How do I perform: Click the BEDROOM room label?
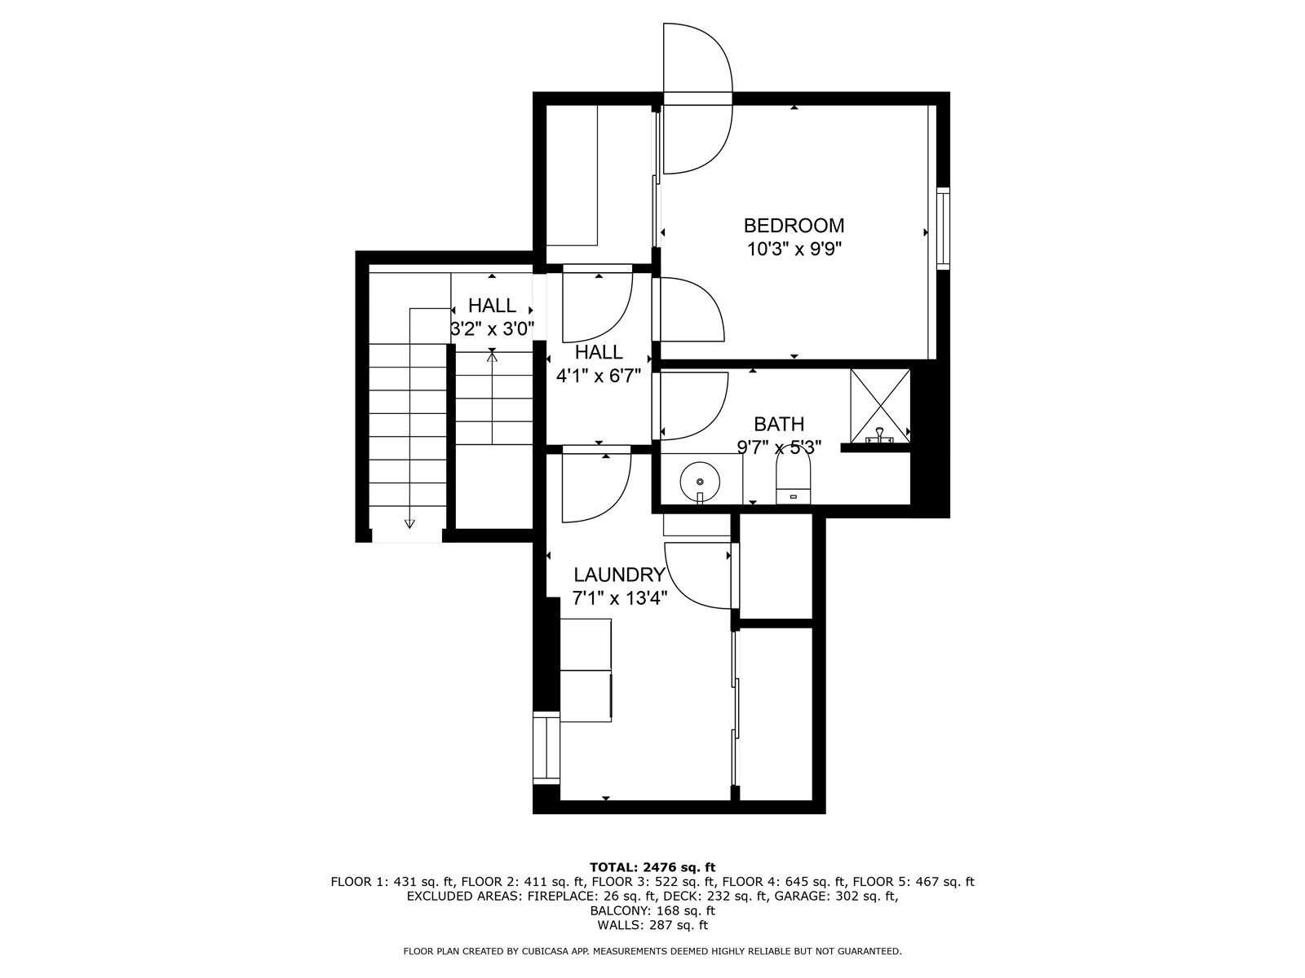pos(794,225)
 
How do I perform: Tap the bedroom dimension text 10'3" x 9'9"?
pos(794,249)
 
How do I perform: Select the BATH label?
pos(778,424)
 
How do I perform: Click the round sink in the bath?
pos(699,482)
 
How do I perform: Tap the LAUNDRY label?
pos(619,575)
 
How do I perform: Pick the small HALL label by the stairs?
pos(492,306)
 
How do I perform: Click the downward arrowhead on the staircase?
pos(409,523)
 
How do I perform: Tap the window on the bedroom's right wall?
pos(943,228)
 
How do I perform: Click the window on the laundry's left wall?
pos(546,748)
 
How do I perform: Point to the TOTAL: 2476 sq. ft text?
pos(652,866)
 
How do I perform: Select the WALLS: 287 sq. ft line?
pos(652,925)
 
